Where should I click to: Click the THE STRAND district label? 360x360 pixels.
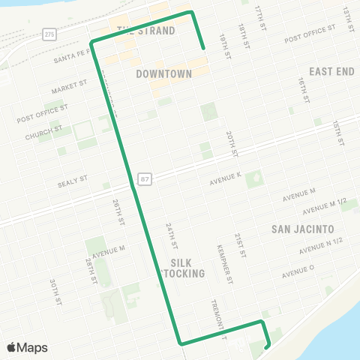(146, 31)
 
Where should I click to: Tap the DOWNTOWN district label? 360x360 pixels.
(164, 73)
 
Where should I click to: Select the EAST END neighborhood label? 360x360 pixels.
(331, 71)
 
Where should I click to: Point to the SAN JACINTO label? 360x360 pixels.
(301, 228)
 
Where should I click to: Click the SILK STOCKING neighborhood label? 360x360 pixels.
(183, 268)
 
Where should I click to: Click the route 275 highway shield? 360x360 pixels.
(49, 34)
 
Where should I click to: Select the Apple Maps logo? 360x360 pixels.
(27, 347)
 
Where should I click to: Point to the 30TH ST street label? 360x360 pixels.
(55, 292)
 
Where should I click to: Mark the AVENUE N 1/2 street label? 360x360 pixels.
(320, 246)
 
